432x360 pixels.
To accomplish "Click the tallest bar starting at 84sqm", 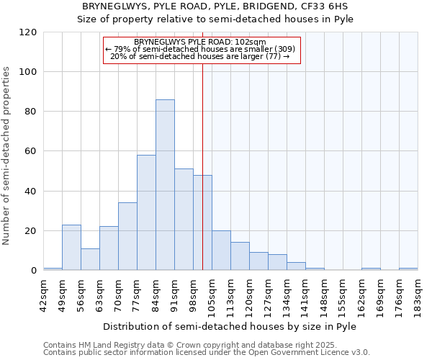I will tap(165, 185).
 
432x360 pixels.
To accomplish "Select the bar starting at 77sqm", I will tap(146, 212).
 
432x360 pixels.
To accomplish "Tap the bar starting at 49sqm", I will tap(71, 248).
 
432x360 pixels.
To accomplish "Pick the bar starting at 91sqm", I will tap(184, 220).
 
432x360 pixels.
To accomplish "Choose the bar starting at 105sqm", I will tap(221, 251).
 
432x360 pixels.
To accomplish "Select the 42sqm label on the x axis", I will tap(44, 292).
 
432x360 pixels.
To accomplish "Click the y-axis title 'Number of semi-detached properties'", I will tap(7, 156).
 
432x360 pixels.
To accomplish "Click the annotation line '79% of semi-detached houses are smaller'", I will tap(199, 49).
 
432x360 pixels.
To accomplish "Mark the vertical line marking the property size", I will tap(202, 166).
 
